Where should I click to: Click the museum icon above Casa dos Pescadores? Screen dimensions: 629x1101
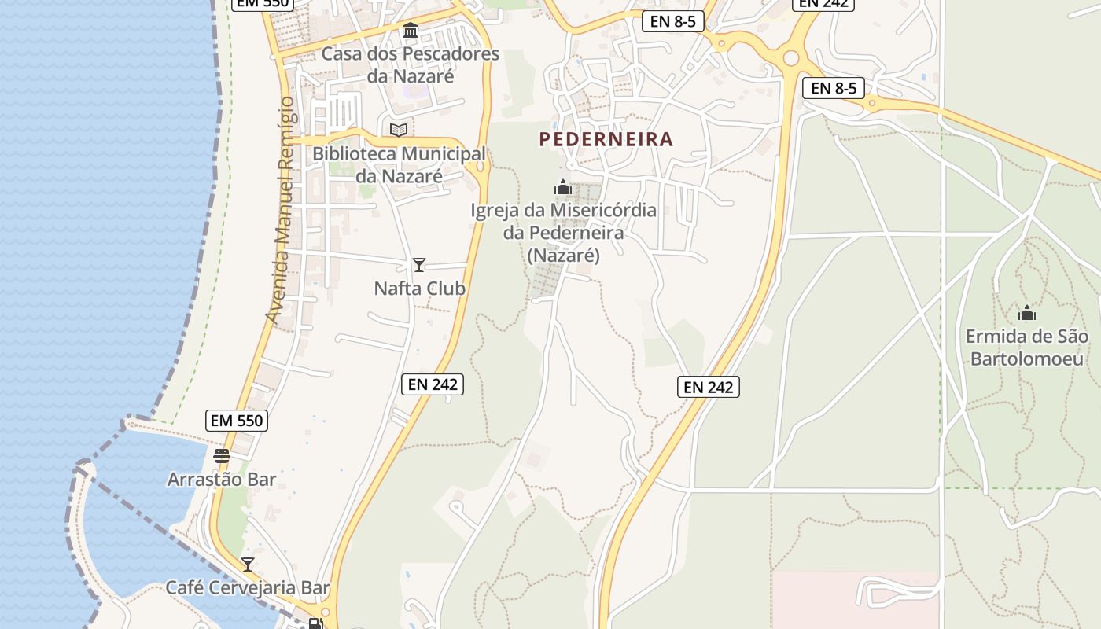click(x=411, y=31)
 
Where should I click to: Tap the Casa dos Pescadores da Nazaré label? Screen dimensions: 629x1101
click(x=411, y=65)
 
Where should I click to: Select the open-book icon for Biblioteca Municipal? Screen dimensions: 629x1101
click(x=400, y=130)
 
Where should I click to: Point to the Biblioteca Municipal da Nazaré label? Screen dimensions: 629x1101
click(x=400, y=165)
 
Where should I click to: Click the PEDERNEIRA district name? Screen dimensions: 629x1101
click(x=606, y=140)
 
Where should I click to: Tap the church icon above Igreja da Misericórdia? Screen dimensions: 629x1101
click(x=563, y=187)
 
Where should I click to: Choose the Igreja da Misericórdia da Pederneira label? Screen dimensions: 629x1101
click(x=563, y=233)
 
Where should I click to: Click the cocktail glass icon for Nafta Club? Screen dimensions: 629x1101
click(x=419, y=265)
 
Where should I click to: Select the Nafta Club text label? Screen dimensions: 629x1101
click(x=419, y=289)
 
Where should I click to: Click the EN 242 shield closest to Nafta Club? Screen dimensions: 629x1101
click(x=433, y=384)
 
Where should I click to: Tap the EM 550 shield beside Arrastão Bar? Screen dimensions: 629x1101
click(x=238, y=421)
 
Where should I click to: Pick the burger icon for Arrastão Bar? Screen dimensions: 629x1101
click(x=222, y=456)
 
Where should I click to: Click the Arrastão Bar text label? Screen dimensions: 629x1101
click(x=222, y=479)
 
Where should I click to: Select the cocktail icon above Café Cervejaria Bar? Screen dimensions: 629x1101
click(x=248, y=564)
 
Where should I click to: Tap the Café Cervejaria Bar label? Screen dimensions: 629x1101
click(x=248, y=587)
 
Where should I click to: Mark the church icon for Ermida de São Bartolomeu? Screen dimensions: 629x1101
click(x=1027, y=314)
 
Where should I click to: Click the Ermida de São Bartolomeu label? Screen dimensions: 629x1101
click(x=1027, y=348)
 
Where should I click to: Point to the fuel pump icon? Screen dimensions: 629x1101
click(x=315, y=624)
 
